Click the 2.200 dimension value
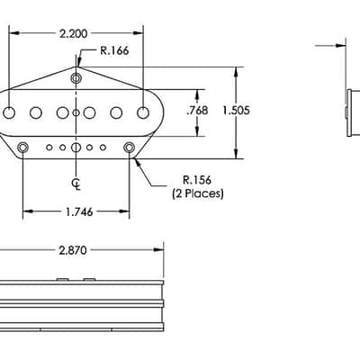click(73, 33)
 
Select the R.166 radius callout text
click(114, 50)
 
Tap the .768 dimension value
click(197, 111)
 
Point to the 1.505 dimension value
click(236, 111)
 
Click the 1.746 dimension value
click(79, 212)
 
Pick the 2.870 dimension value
click(73, 250)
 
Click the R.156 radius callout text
click(197, 180)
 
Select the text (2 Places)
click(198, 193)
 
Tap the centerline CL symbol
click(76, 184)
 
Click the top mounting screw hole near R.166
click(76, 78)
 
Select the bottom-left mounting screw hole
click(22, 148)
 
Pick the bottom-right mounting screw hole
click(130, 148)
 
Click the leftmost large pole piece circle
click(9, 112)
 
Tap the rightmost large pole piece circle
click(143, 112)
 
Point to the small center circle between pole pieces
click(76, 112)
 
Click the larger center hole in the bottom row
click(76, 148)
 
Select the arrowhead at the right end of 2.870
click(158, 250)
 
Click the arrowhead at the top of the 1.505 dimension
click(237, 72)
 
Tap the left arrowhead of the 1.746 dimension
click(28, 211)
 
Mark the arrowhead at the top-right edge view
click(341, 46)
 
